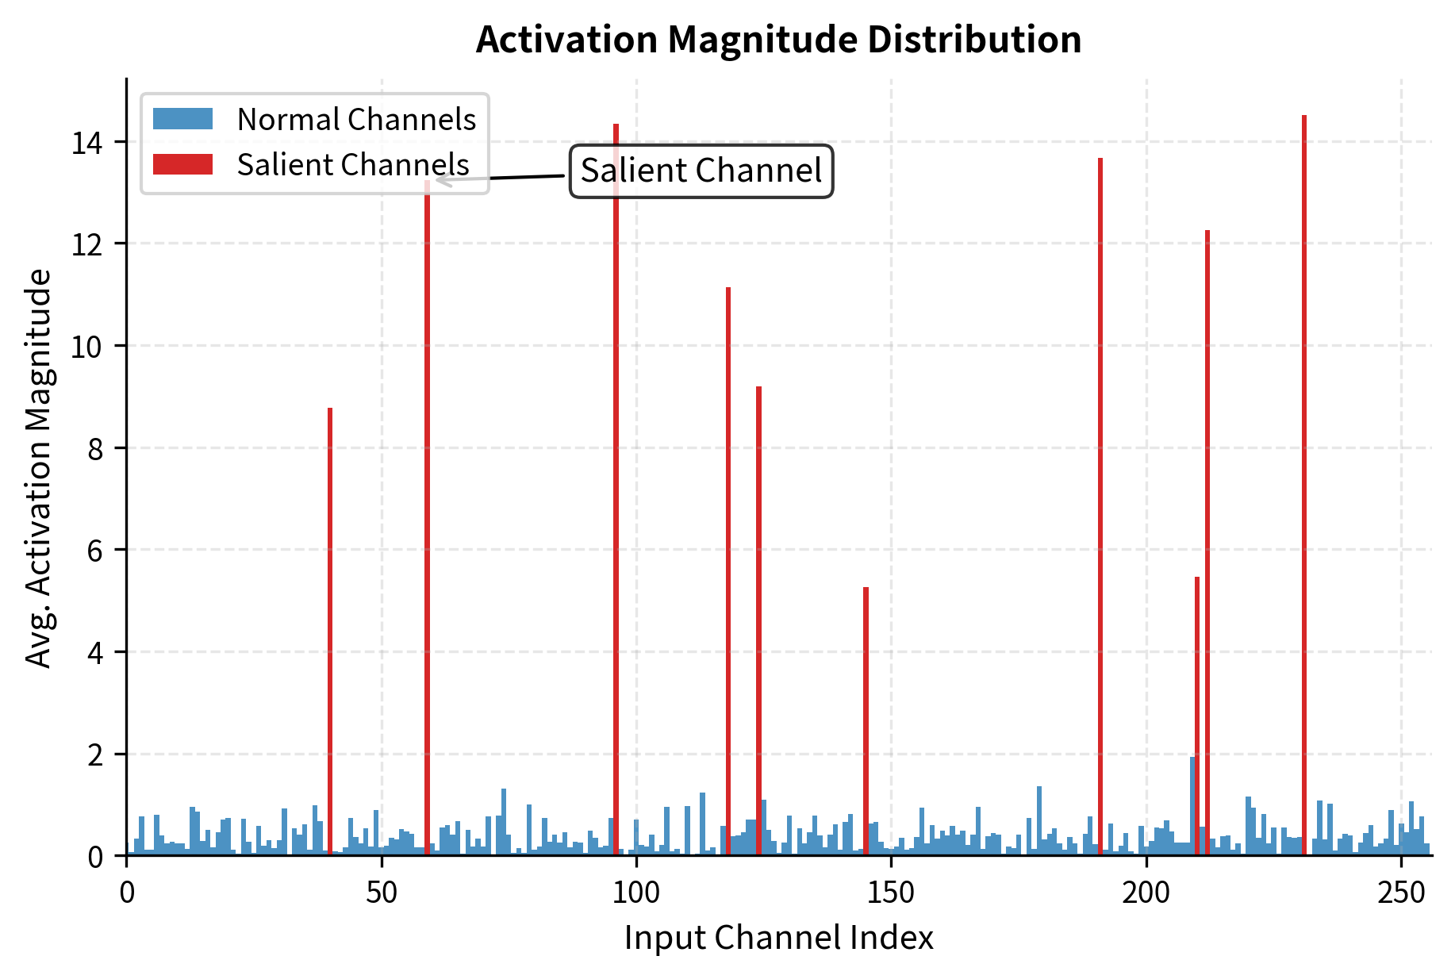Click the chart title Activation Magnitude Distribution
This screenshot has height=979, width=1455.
pyautogui.click(x=778, y=40)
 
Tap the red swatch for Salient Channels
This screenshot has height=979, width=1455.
pyautogui.click(x=182, y=164)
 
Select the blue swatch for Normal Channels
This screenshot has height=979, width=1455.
pyautogui.click(x=182, y=119)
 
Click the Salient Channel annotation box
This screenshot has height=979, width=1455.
pyautogui.click(x=701, y=171)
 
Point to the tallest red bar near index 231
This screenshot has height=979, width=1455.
pyautogui.click(x=1304, y=476)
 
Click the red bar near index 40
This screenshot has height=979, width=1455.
pyautogui.click(x=330, y=635)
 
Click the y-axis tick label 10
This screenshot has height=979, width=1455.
pyautogui.click(x=86, y=347)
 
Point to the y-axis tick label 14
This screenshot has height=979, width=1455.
pyautogui.click(x=86, y=143)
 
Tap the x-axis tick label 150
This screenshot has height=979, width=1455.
pyautogui.click(x=891, y=893)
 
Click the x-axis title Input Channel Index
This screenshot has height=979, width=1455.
pyautogui.click(x=778, y=938)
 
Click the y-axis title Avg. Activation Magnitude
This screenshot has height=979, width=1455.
pyautogui.click(x=38, y=468)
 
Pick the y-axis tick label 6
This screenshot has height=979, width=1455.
pyautogui.click(x=95, y=551)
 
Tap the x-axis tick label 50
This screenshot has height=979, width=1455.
pyautogui.click(x=382, y=893)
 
